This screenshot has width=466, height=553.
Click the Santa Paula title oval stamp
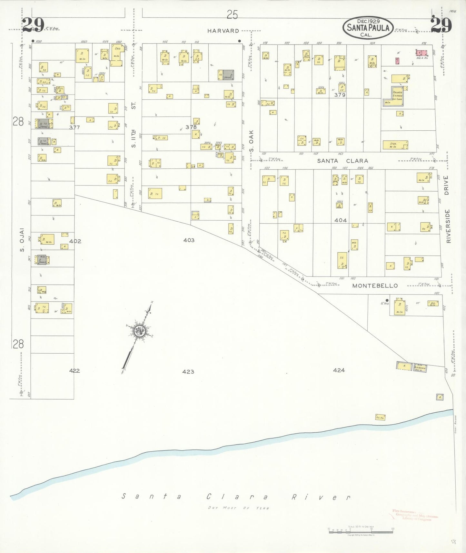[x=368, y=27]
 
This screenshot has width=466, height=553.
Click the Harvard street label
[x=223, y=31]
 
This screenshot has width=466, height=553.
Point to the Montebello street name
[x=375, y=286]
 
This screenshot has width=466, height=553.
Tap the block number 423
[x=188, y=372]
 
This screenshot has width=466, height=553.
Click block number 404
[x=341, y=220]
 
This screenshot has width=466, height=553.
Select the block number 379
[x=340, y=95]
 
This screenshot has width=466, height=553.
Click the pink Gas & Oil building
[x=421, y=53]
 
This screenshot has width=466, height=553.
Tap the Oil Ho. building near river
[x=380, y=417]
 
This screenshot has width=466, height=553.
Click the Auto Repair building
[x=420, y=367]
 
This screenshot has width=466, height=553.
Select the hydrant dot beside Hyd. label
[x=387, y=300]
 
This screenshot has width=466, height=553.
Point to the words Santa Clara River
[x=236, y=497]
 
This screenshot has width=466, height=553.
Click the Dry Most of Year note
[x=238, y=508]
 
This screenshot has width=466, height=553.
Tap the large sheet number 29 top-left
[x=33, y=25]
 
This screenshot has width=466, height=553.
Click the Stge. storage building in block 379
[x=395, y=145]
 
